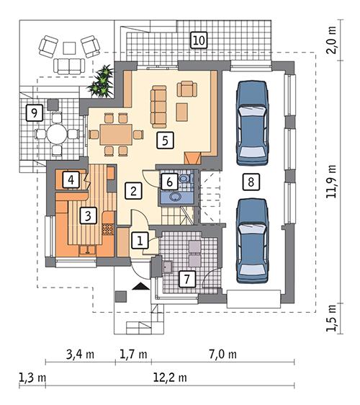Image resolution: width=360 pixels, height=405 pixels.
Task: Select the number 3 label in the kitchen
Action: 87,214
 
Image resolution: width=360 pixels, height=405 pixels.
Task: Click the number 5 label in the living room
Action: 166,140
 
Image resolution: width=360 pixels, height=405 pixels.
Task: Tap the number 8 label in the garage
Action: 249,182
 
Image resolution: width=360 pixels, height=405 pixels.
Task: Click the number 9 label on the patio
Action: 32,112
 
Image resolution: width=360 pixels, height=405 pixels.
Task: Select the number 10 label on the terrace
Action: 199,40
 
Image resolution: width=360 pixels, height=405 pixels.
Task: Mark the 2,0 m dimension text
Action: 335,52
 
